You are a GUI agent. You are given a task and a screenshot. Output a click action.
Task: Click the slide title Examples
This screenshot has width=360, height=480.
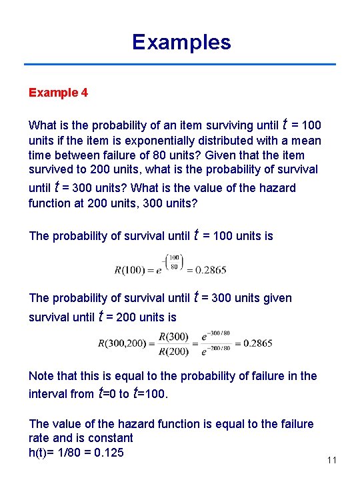pyautogui.click(x=181, y=42)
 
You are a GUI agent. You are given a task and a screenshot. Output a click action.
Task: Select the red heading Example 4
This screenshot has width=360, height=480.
pyautogui.click(x=58, y=93)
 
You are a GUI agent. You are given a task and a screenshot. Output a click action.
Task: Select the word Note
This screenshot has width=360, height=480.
pyautogui.click(x=42, y=376)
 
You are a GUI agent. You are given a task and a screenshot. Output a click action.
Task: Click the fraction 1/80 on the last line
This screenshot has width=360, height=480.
pyautogui.click(x=76, y=453)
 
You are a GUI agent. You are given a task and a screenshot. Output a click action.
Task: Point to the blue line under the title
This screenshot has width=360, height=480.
pyautogui.click(x=180, y=65)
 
